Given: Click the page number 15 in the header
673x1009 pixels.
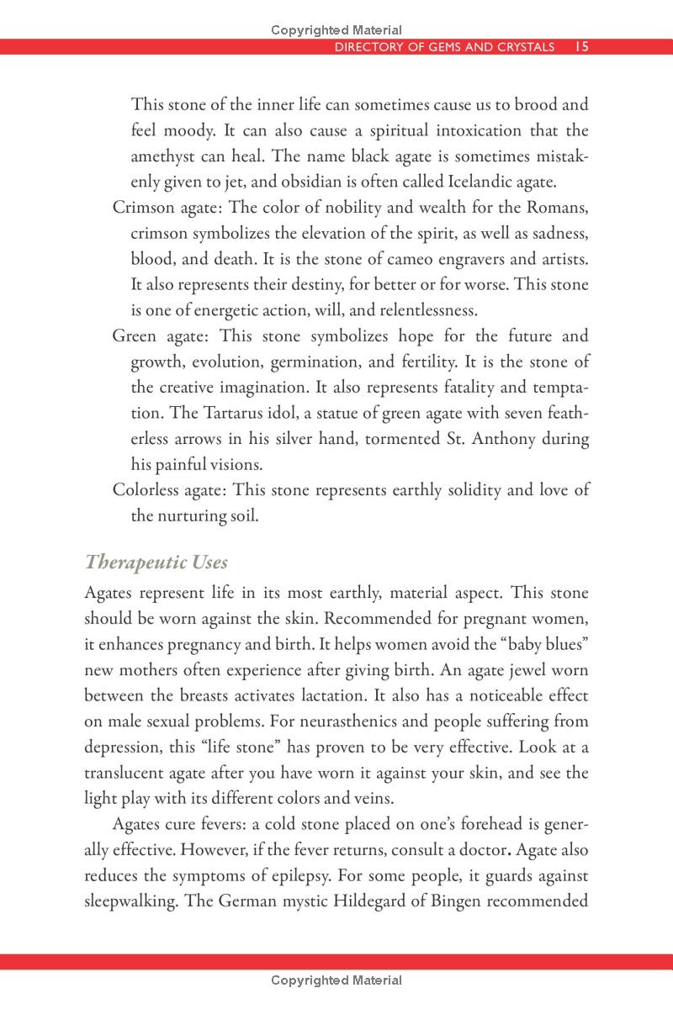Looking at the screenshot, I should click(x=580, y=47).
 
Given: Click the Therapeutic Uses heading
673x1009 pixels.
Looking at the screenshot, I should click(x=156, y=563).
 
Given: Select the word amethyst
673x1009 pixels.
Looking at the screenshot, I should click(x=164, y=156).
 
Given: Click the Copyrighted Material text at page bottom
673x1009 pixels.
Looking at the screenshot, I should click(x=336, y=980).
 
